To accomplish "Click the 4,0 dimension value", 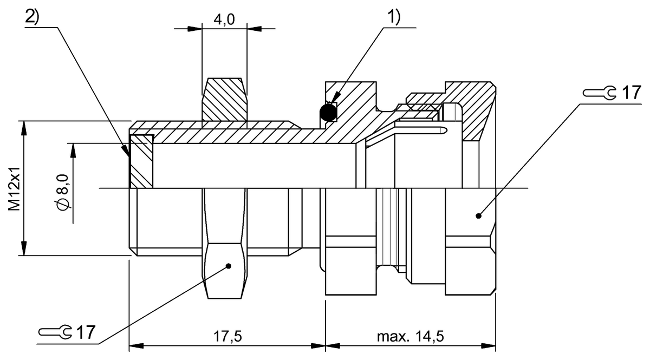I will [x=224, y=21].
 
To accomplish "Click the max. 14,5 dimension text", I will [x=411, y=336].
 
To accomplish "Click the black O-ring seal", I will [x=328, y=112].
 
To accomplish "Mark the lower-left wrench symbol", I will [x=56, y=332].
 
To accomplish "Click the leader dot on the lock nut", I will [x=229, y=266].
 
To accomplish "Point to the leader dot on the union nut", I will [x=478, y=215].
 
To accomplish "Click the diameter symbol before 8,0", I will [x=64, y=205].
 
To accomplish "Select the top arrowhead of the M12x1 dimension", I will [x=24, y=126].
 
